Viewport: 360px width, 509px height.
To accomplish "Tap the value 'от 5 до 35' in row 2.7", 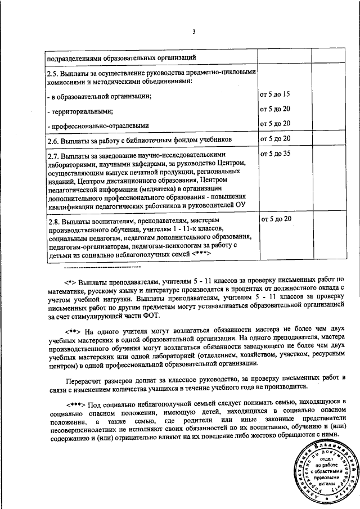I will [x=274, y=153].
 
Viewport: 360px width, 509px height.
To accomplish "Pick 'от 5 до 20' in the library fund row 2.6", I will [x=274, y=138].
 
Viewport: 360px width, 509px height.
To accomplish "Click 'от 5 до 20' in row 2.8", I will [x=274, y=218].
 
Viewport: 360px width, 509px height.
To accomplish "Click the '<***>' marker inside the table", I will [x=201, y=254].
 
